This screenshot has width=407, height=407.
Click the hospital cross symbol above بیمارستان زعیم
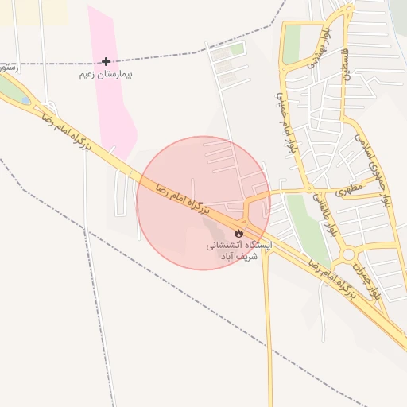tap(107, 61)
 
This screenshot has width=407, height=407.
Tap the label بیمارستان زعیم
tap(106, 74)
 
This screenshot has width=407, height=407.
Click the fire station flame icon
tap(238, 233)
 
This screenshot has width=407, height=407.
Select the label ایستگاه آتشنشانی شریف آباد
tap(238, 251)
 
